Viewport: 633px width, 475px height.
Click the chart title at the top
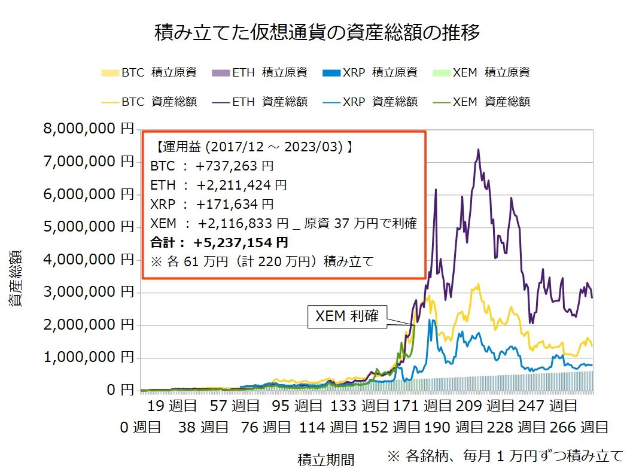(x=316, y=32)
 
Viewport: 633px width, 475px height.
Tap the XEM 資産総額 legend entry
(x=481, y=102)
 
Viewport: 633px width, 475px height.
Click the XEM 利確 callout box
(x=347, y=316)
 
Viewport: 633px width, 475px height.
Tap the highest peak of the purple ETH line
(x=478, y=150)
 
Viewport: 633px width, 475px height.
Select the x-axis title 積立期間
(x=325, y=459)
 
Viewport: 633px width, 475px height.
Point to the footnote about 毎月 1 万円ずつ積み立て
(x=505, y=456)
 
